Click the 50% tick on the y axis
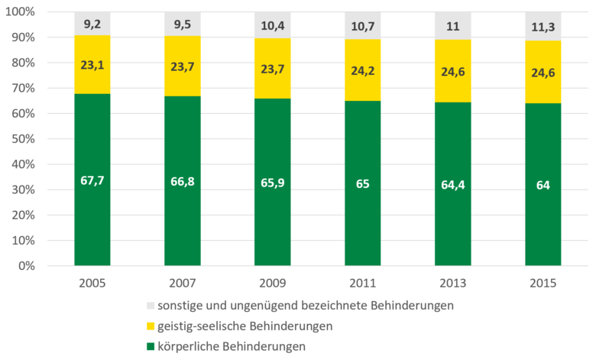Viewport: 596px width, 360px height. (28, 139)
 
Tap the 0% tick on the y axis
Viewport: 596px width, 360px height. (31, 266)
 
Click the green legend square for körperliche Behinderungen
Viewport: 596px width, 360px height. (151, 346)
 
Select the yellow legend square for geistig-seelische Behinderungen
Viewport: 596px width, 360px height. (151, 326)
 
